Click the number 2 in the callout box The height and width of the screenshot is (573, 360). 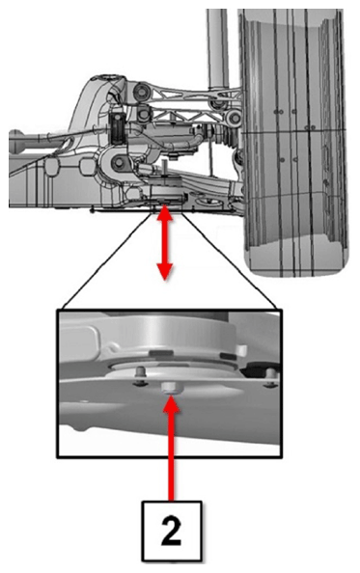(171, 531)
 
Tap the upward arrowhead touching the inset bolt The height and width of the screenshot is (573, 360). (171, 404)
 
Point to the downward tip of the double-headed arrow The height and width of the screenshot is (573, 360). (165, 279)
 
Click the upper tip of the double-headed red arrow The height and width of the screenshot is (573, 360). (165, 205)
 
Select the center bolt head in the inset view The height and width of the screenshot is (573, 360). (169, 388)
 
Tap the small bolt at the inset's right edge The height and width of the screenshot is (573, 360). (270, 377)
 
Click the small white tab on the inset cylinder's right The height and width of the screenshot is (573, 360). (240, 352)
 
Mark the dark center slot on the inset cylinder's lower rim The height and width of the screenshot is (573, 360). (161, 352)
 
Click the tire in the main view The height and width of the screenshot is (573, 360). (295, 143)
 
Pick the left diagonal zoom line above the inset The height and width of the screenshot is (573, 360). (107, 260)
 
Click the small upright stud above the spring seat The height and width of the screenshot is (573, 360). (165, 167)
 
